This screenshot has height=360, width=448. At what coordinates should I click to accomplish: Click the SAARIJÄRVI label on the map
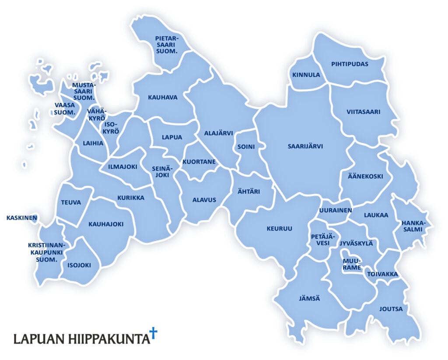pyautogui.click(x=305, y=147)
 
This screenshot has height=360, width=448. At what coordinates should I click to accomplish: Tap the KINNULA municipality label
pyautogui.click(x=306, y=75)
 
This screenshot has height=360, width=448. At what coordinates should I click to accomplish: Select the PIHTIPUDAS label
pyautogui.click(x=350, y=64)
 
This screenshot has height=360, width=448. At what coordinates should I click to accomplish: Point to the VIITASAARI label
pyautogui.click(x=364, y=112)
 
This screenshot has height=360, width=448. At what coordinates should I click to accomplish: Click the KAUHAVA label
pyautogui.click(x=162, y=98)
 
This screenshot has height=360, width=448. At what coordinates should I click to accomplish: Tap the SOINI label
pyautogui.click(x=246, y=147)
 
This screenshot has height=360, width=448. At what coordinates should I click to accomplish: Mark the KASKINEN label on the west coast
pyautogui.click(x=21, y=217)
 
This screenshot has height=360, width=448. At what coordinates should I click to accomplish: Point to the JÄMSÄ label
pyautogui.click(x=309, y=298)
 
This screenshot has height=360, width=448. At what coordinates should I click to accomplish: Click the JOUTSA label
pyautogui.click(x=391, y=309)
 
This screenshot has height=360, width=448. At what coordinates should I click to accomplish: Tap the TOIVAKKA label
pyautogui.click(x=382, y=274)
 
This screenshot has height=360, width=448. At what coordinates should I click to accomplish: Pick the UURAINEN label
pyautogui.click(x=336, y=210)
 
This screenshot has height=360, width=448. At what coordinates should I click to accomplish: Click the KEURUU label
pyautogui.click(x=279, y=229)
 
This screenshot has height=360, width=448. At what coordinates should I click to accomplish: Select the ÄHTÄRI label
pyautogui.click(x=249, y=192)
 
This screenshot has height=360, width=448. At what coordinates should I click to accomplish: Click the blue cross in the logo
pyautogui.click(x=153, y=333)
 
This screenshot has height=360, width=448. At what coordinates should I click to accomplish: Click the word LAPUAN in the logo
pyautogui.click(x=39, y=339)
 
